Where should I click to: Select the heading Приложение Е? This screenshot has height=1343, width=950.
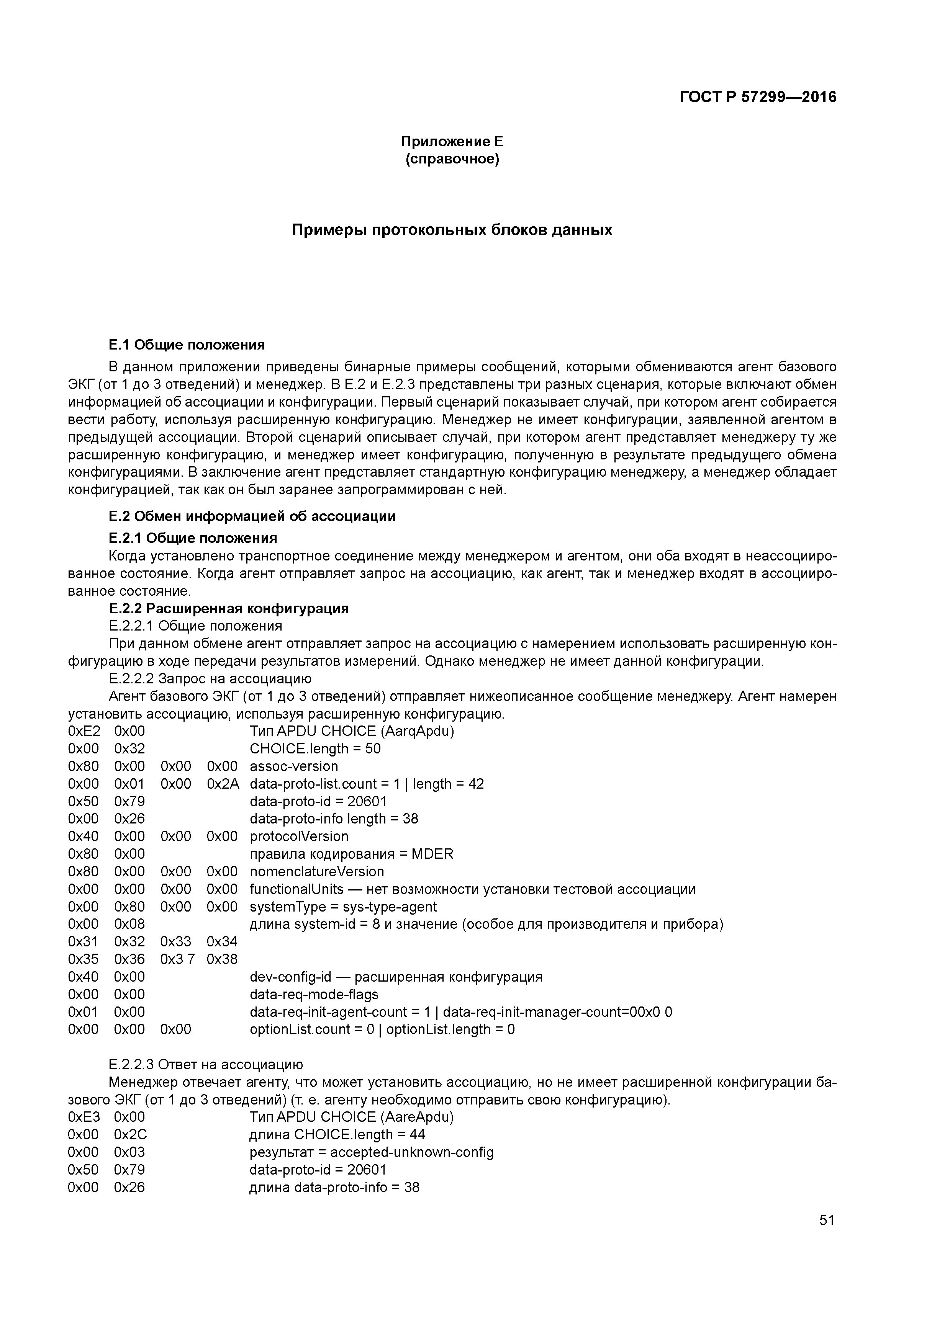tap(452, 142)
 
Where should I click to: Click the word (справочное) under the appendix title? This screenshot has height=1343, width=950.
tap(452, 159)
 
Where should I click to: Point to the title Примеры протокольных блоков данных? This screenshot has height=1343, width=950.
tap(452, 230)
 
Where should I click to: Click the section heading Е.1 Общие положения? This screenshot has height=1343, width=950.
tap(187, 345)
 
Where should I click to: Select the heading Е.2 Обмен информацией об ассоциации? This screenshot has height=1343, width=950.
tap(252, 516)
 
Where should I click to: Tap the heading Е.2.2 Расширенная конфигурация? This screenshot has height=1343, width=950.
tap(229, 608)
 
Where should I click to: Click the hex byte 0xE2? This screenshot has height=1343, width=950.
tap(84, 731)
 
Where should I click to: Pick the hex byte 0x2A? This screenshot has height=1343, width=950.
tap(223, 784)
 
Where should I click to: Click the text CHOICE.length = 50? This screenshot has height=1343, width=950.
tap(315, 749)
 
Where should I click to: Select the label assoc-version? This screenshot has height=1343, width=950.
tap(294, 766)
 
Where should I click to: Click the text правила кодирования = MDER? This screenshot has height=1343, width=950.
tap(351, 854)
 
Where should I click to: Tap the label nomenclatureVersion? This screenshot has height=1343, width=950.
tap(317, 872)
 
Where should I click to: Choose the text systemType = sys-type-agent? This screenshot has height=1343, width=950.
tap(343, 907)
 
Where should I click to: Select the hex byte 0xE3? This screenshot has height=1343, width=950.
tap(84, 1117)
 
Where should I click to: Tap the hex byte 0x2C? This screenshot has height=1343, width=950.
tap(130, 1135)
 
